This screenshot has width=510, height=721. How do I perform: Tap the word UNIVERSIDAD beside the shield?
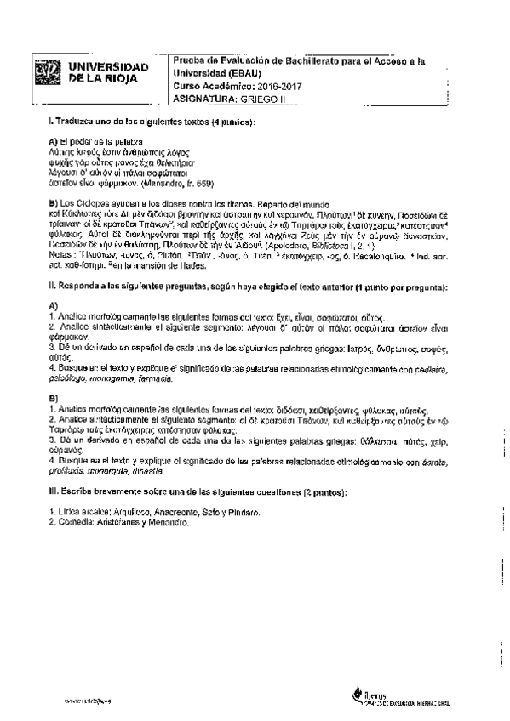tap(107, 66)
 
